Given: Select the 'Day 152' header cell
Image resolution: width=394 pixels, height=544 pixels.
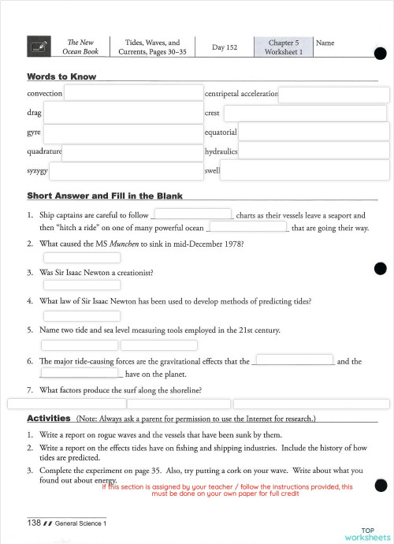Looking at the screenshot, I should coord(225,47).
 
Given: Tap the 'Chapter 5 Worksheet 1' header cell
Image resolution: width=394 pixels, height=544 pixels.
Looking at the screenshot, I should coord(283,47).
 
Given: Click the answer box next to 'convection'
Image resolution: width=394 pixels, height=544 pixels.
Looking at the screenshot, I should coord(132,93).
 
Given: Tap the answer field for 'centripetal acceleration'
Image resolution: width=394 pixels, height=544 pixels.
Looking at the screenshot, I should coord(333,94).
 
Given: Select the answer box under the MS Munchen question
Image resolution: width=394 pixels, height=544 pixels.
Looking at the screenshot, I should coord(82,258).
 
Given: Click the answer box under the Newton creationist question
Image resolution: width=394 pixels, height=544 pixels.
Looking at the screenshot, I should coord(82,287).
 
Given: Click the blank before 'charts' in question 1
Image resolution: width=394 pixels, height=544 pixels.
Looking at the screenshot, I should coord(192,214).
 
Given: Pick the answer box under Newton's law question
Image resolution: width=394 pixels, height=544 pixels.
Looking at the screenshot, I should coord(82,315).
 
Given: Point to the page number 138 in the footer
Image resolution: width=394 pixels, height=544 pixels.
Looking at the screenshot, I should coord(34,523).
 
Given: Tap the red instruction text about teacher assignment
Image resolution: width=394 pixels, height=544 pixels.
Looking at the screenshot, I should coord(229,490).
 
